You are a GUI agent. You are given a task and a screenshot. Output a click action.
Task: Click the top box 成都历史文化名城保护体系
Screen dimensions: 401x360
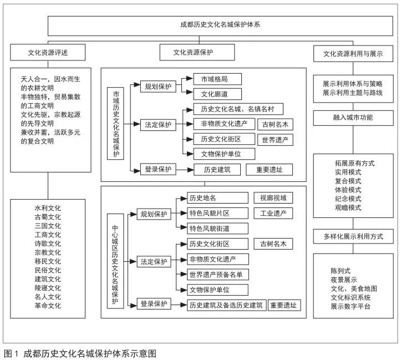220,26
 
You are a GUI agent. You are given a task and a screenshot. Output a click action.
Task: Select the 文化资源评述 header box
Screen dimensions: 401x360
48,52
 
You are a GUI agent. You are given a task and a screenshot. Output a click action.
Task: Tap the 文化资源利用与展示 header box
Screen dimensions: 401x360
353,53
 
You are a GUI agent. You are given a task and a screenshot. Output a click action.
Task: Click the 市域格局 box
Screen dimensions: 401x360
217,79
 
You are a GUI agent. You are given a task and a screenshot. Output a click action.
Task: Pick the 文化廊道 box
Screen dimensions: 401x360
217,94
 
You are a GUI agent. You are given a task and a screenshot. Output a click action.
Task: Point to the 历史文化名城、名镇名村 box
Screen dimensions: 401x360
238,109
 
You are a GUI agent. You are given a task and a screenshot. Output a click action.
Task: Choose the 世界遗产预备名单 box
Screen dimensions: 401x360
217,275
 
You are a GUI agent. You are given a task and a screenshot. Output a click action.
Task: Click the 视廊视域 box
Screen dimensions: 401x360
273,198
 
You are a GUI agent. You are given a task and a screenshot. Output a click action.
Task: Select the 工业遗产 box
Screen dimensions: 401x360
273,213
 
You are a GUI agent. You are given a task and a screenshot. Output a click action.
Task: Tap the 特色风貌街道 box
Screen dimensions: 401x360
217,229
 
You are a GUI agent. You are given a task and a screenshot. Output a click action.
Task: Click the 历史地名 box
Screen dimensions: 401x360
217,198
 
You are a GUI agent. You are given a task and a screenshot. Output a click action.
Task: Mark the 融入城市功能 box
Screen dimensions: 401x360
353,118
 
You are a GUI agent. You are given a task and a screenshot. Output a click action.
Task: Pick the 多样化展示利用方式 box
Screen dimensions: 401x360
353,236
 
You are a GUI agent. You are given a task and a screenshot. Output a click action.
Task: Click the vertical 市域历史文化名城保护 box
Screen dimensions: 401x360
115,124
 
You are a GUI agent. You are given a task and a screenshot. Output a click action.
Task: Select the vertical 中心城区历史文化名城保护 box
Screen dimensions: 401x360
115,261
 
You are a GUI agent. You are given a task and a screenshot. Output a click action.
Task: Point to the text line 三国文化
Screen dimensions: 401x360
48,226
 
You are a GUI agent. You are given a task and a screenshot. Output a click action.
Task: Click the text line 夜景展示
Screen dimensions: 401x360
344,280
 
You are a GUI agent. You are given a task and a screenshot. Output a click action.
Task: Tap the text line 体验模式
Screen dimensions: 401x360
348,190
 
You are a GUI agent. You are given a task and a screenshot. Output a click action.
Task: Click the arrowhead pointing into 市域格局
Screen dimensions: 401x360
190,78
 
